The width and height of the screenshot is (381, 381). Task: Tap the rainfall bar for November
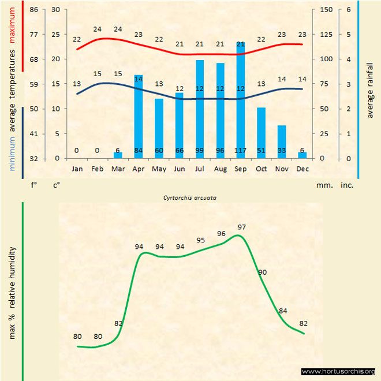[282, 141]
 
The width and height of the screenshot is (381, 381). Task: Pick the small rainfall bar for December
[302, 155]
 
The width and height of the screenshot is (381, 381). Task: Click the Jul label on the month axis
[200, 169]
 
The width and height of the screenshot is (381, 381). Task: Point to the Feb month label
[98, 169]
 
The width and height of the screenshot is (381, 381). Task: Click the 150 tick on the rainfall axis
[327, 10]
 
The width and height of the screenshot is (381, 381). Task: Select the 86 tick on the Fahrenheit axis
[34, 10]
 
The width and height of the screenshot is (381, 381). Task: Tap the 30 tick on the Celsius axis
[55, 10]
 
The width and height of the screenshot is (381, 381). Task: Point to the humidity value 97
[242, 227]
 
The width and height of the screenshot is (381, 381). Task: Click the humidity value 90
[263, 272]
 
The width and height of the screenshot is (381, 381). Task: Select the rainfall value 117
[241, 151]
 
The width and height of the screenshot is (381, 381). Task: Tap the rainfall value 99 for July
[200, 151]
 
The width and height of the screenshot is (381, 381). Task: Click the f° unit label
[34, 186]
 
